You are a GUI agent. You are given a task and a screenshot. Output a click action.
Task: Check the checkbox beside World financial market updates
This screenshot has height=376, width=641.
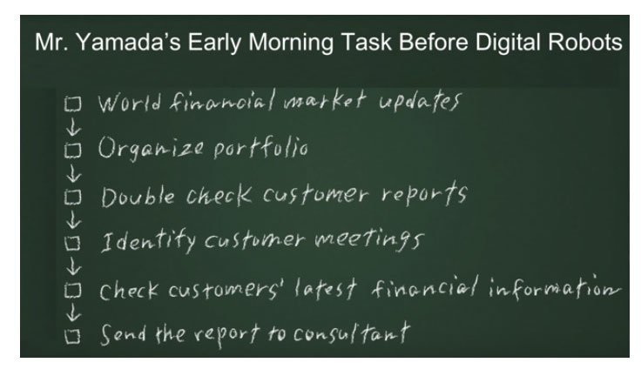(x=72, y=104)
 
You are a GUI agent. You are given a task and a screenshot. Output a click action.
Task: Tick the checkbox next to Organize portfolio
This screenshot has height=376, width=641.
(x=72, y=150)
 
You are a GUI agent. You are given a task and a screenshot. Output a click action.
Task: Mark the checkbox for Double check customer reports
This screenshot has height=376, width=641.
(x=72, y=197)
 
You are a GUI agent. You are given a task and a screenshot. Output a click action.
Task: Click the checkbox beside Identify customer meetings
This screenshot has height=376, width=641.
(x=72, y=243)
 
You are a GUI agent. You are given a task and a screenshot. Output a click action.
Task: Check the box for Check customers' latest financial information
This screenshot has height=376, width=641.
(x=72, y=290)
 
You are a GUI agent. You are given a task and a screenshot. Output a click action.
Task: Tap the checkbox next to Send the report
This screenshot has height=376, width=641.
(x=72, y=336)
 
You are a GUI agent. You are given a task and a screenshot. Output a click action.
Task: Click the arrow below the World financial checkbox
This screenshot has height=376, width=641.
(x=73, y=127)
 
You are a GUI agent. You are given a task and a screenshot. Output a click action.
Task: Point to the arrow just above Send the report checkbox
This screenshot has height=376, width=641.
(x=73, y=312)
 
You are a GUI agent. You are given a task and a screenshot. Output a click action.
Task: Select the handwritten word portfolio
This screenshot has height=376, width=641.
(x=260, y=147)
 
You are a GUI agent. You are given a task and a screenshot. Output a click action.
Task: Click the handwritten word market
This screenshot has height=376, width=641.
(x=325, y=100)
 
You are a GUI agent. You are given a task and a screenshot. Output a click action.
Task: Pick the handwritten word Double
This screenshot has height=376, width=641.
(x=138, y=197)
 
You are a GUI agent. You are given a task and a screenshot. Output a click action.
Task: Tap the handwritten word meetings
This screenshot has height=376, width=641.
(x=368, y=240)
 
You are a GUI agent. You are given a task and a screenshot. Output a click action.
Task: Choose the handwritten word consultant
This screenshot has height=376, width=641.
(x=352, y=333)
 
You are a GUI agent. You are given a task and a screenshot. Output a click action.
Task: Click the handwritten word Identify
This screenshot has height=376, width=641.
(x=148, y=241)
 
